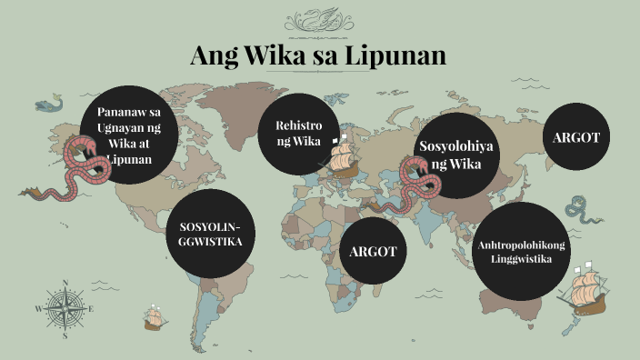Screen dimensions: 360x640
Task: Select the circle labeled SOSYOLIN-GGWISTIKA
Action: tap(210, 234)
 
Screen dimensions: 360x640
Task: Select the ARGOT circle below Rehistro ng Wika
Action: tap(374, 251)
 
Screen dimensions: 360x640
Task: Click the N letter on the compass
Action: tap(65, 282)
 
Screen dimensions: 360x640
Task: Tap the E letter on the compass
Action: tap(91, 309)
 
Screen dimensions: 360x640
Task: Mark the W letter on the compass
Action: tap(38, 309)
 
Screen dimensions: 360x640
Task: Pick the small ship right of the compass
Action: tap(154, 317)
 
